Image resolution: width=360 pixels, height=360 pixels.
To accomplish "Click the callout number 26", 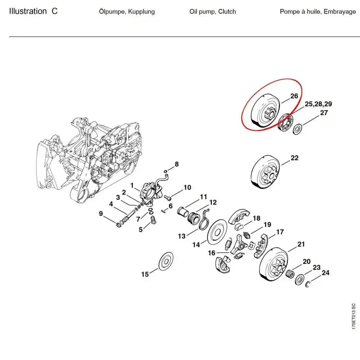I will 294,96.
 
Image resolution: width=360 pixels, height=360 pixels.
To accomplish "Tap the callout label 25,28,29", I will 318,104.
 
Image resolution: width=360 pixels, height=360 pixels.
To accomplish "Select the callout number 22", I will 294,158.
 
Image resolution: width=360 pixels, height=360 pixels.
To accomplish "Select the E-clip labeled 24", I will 309,285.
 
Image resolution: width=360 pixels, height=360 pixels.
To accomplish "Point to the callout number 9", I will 101,214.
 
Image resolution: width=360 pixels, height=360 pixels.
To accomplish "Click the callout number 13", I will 182,236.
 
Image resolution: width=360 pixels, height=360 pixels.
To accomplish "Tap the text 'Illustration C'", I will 33,11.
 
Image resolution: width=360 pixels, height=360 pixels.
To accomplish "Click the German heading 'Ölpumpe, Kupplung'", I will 127,12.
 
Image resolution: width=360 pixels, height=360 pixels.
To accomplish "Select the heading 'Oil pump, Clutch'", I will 212,12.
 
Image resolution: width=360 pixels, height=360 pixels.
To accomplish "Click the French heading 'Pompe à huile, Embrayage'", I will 318,12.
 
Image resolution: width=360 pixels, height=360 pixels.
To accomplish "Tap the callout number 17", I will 280,232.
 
